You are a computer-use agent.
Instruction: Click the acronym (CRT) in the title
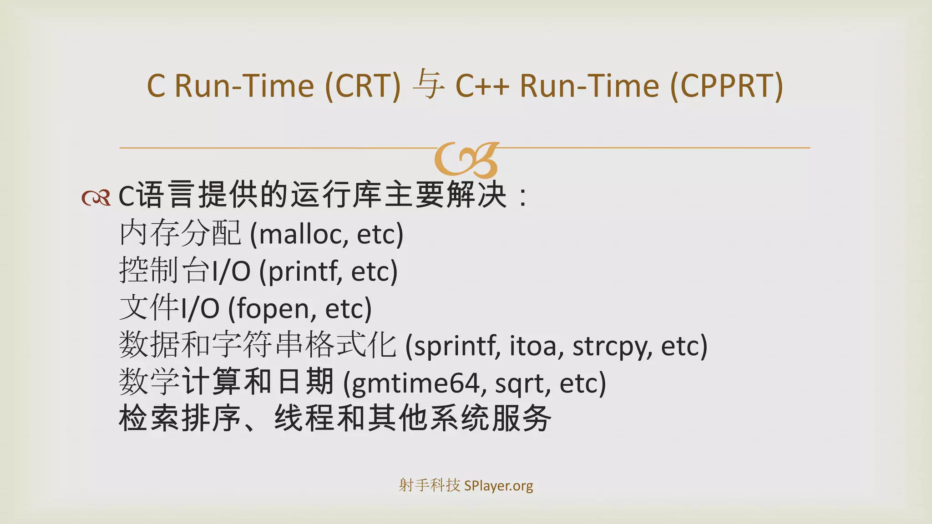pos(363,86)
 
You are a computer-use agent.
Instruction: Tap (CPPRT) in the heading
pos(726,86)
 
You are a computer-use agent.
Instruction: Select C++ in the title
pos(482,86)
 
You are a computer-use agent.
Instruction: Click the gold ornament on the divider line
pos(467,160)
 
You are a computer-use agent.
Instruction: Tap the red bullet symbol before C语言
pos(96,197)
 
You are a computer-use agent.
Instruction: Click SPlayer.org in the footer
pos(498,486)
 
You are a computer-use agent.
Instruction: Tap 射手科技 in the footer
pos(429,485)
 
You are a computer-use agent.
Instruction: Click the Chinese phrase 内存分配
pos(180,233)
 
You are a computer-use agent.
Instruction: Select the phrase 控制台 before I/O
pos(165,271)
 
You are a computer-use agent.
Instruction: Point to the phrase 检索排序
pos(180,418)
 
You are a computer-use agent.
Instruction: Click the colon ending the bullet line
pos(523,196)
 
